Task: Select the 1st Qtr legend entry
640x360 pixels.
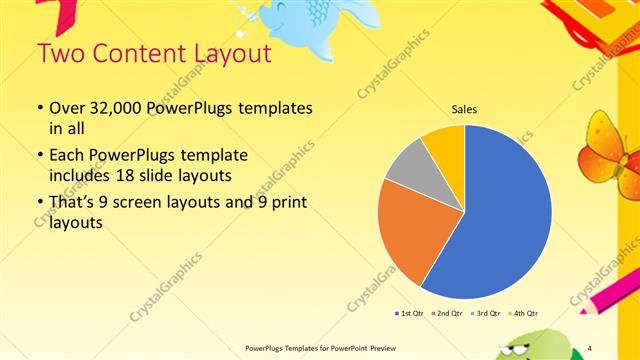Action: click(x=410, y=314)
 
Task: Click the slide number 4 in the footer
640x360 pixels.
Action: click(x=590, y=347)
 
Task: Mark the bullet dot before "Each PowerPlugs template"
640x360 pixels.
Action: click(x=39, y=157)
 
